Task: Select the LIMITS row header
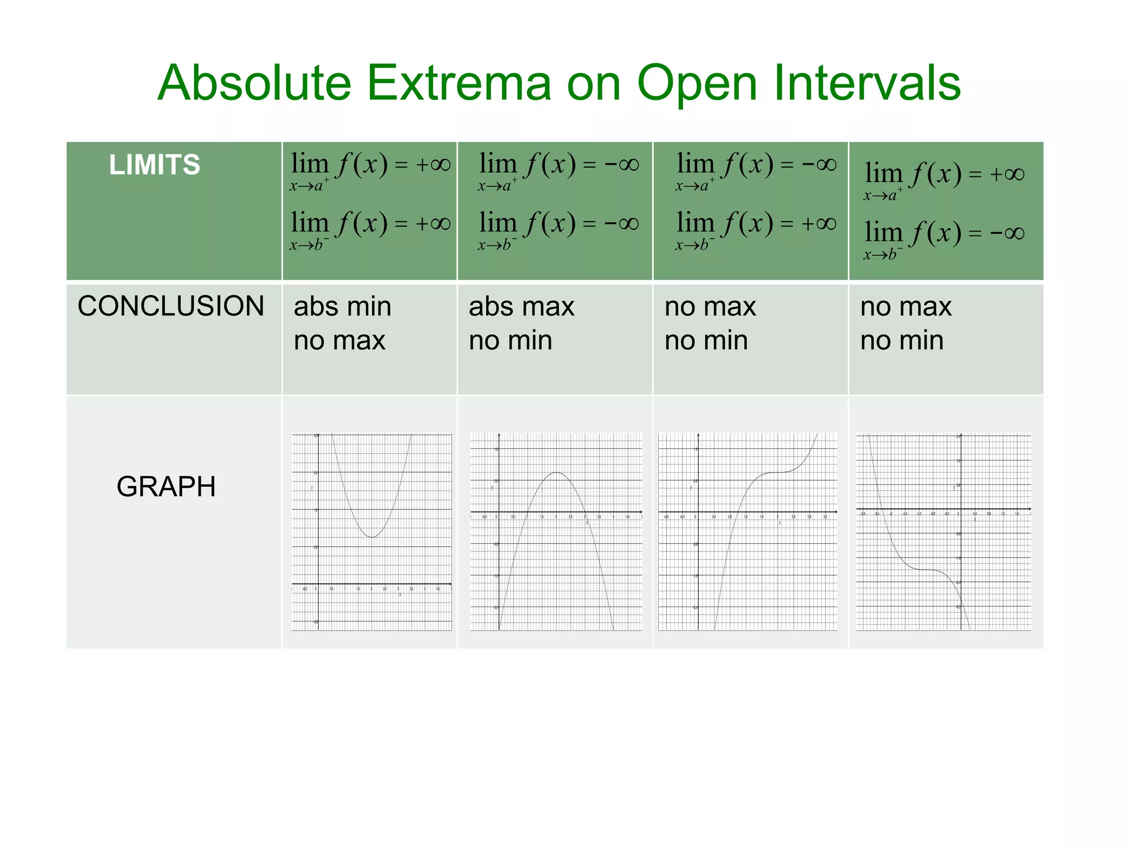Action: pyautogui.click(x=154, y=165)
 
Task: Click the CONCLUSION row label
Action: pyautogui.click(x=171, y=306)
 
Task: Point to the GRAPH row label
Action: pyautogui.click(x=166, y=487)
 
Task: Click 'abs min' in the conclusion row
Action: pyautogui.click(x=342, y=307)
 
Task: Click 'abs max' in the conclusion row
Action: pyautogui.click(x=522, y=307)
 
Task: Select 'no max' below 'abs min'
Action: pyautogui.click(x=339, y=341)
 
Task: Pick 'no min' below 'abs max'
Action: pyautogui.click(x=510, y=341)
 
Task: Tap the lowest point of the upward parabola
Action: pyautogui.click(x=373, y=537)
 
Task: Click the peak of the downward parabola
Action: pyautogui.click(x=556, y=473)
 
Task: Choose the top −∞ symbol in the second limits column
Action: pyautogui.click(x=622, y=164)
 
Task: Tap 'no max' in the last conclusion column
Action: pyautogui.click(x=906, y=307)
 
